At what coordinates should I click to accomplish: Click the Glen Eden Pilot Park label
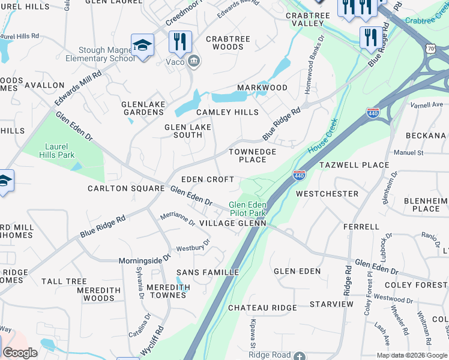click(x=247, y=209)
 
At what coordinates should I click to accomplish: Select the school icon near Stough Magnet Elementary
click(x=142, y=46)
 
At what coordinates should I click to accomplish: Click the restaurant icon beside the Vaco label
click(x=180, y=41)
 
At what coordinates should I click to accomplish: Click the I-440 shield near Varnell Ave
click(x=372, y=112)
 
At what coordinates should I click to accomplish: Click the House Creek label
click(x=324, y=136)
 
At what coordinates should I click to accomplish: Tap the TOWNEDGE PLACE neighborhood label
click(x=253, y=156)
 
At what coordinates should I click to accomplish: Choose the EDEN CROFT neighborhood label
click(x=208, y=179)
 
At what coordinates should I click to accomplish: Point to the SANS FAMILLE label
click(x=208, y=272)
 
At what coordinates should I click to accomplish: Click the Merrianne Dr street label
click(x=177, y=219)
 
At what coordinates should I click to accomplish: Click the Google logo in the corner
click(x=20, y=353)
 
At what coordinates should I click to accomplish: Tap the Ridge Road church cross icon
click(x=300, y=356)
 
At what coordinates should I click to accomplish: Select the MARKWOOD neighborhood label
click(x=262, y=88)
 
